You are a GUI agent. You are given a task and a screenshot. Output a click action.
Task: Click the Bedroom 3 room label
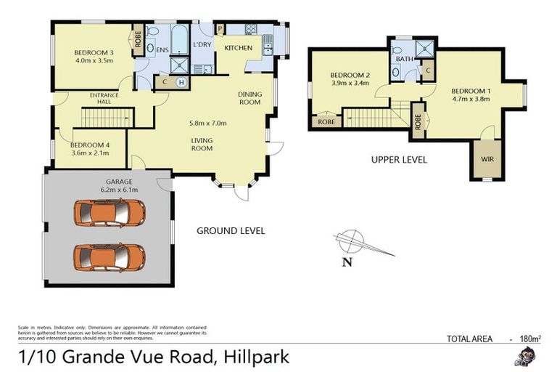[94, 52]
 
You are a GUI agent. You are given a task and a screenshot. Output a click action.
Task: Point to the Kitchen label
[238, 48]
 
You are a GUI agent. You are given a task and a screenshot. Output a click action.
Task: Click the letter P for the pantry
[220, 29]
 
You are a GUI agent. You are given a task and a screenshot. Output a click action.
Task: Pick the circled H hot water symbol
[181, 83]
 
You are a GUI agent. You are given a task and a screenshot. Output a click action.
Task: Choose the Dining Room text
[249, 98]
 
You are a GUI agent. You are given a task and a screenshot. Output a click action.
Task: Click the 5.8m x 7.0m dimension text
[208, 123]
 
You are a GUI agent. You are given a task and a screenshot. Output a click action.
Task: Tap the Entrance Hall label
[104, 99]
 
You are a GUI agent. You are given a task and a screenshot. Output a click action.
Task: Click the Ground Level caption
[231, 230]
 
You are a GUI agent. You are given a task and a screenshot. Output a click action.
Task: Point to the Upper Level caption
[399, 159]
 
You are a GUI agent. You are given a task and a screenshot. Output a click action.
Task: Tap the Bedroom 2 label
[350, 75]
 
